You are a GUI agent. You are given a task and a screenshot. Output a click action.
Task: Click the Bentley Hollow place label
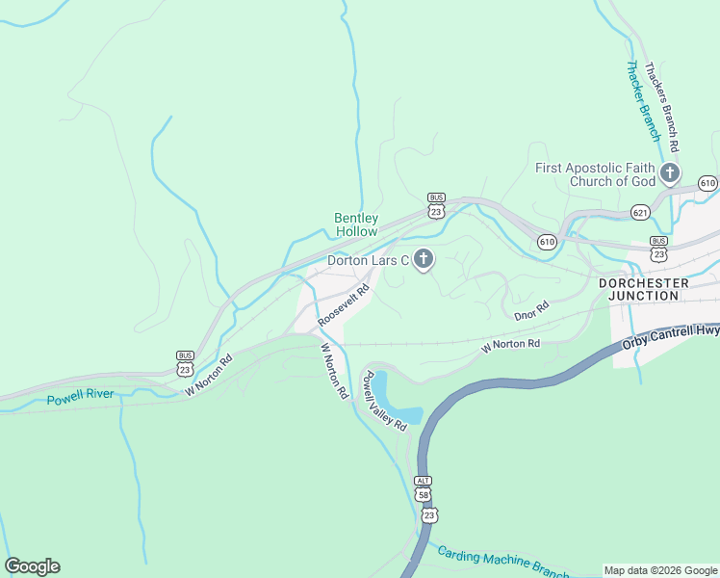point(356,224)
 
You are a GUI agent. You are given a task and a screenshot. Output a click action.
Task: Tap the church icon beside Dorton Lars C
point(424,259)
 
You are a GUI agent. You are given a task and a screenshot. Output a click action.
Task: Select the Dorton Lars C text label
point(369,260)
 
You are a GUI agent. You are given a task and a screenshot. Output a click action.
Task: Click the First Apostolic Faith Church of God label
point(595,174)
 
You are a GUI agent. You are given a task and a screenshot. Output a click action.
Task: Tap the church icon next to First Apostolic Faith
point(670,174)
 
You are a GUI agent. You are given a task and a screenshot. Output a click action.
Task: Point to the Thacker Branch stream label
point(642,101)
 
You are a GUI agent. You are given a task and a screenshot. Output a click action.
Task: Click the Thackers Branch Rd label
point(663,106)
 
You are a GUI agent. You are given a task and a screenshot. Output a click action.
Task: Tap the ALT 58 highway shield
point(424,488)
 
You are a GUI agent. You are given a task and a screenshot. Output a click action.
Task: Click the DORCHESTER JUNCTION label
point(644,289)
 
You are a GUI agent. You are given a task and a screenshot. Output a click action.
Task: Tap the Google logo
point(32,565)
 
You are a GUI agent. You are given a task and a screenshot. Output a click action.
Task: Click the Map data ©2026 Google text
point(659,570)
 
